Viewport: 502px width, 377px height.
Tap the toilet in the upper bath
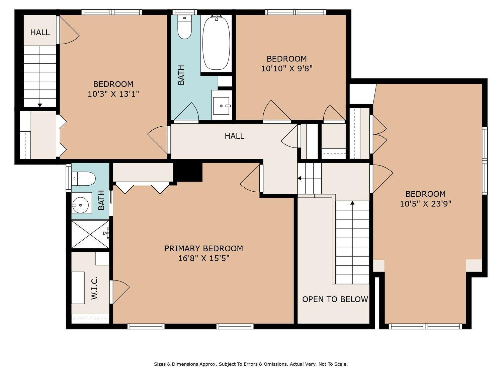coord(184,27)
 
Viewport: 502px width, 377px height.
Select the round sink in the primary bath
coord(80,205)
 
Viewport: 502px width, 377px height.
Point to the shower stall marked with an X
coord(90,234)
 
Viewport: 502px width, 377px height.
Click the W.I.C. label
coord(94,288)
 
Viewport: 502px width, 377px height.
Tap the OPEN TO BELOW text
coord(335,299)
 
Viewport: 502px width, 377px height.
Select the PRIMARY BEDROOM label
coord(203,249)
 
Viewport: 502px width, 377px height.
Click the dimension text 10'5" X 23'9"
coord(425,204)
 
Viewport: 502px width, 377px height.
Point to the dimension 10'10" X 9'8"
coord(286,68)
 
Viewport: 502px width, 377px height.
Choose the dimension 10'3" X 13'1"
coord(113,94)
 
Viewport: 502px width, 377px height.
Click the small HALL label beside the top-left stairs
coord(40,33)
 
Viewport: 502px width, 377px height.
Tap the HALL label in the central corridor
coord(234,136)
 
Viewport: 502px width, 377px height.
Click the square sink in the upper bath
coord(221,106)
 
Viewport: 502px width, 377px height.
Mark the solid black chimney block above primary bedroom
coord(188,172)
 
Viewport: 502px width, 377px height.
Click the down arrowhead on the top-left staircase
coord(40,105)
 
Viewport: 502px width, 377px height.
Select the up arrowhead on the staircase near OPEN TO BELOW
coord(352,203)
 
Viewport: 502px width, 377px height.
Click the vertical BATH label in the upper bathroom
coord(181,75)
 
